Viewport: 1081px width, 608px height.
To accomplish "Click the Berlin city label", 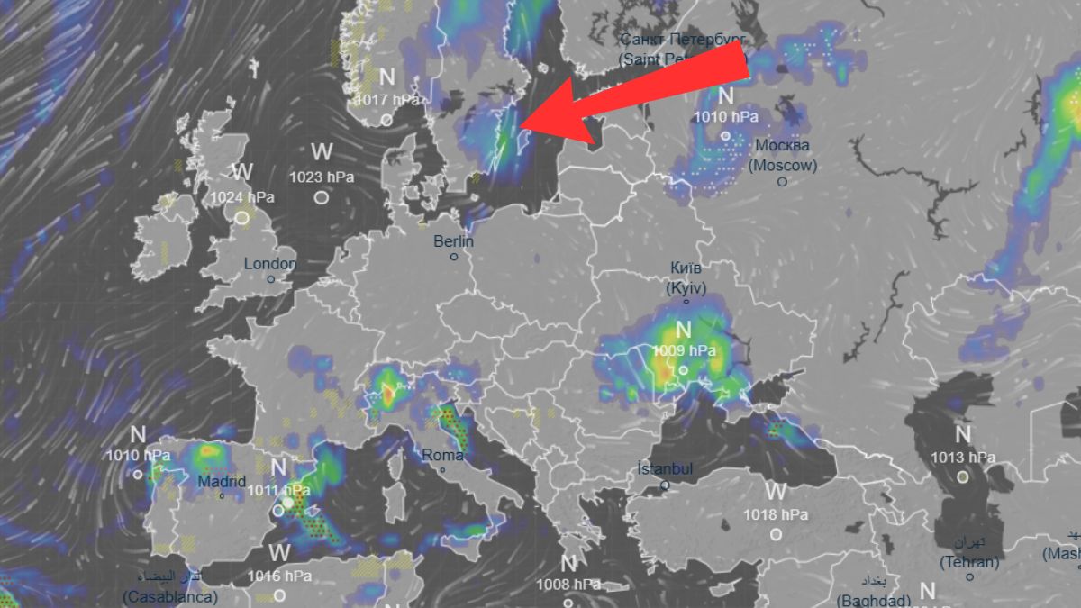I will point(453,241).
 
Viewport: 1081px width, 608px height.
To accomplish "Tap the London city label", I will point(270,264).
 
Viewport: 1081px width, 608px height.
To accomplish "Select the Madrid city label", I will point(222,482).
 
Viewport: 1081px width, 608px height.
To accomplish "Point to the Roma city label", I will point(442,456).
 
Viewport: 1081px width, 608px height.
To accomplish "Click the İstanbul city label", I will point(665,469).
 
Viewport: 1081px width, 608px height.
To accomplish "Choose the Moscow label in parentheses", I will point(783,166).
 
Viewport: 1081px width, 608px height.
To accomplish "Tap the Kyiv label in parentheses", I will point(686,288).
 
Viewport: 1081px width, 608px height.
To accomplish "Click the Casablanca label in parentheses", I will point(170,596).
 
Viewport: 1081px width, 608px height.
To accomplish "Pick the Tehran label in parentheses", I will point(969,563).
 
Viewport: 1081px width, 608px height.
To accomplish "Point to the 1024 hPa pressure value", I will point(242,196).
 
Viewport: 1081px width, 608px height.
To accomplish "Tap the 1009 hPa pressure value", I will point(684,350).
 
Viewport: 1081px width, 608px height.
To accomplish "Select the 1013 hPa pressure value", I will point(963,458).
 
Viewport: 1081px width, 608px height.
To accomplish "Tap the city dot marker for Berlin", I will point(454,257).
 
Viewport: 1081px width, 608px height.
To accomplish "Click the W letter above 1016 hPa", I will point(280,552).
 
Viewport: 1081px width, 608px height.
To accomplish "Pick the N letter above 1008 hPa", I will point(568,564).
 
